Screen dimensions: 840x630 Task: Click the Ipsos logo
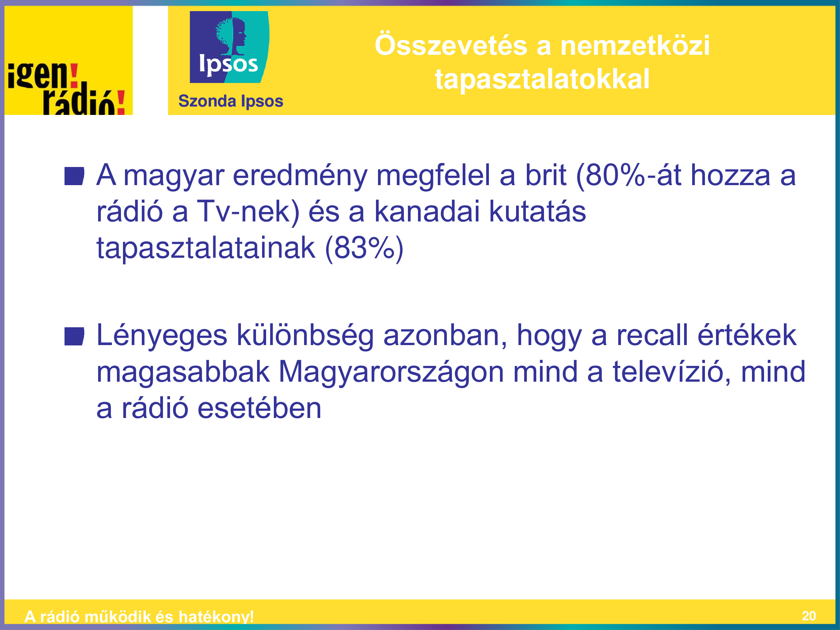[229, 47]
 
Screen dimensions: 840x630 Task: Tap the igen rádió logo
[68, 60]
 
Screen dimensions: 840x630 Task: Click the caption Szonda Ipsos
[230, 101]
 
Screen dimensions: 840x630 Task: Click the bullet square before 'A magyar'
[74, 176]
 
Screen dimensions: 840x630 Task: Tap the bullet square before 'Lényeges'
[74, 336]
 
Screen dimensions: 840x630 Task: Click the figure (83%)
[364, 248]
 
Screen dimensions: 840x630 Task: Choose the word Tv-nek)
[248, 212]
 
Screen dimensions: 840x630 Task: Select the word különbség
[305, 336]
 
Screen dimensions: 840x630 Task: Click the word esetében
[259, 409]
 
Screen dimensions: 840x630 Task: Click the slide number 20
[809, 616]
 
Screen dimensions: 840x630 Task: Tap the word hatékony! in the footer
[216, 617]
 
